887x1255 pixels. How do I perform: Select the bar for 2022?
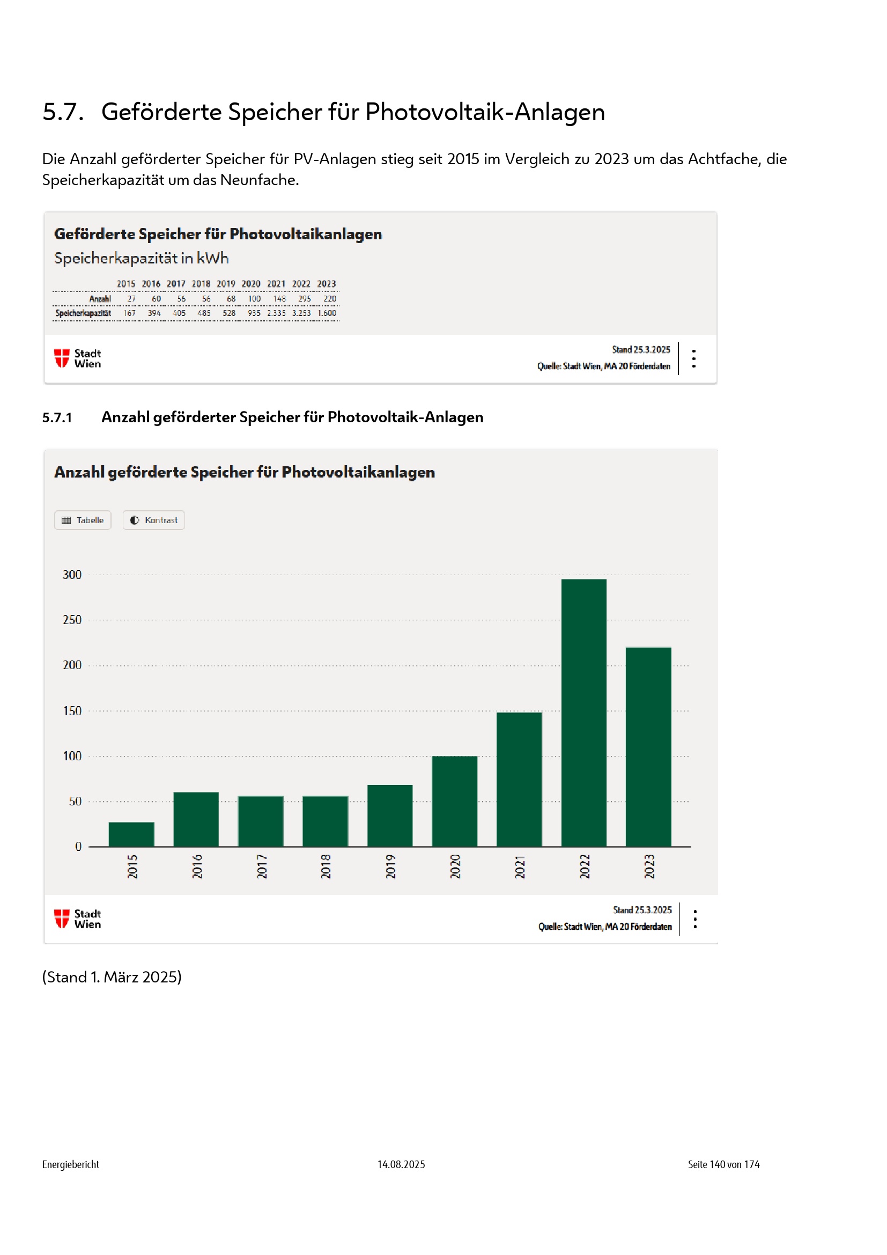pyautogui.click(x=583, y=713)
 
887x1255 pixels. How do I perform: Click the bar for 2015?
pyautogui.click(x=131, y=834)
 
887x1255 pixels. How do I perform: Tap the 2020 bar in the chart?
pyautogui.click(x=454, y=801)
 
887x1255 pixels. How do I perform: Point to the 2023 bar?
pyautogui.click(x=648, y=747)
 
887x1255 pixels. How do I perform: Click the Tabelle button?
pyautogui.click(x=83, y=520)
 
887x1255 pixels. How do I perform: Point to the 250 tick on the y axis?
pyautogui.click(x=72, y=620)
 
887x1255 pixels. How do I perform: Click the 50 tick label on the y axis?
pyautogui.click(x=75, y=801)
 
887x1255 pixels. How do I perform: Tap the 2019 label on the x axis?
pyautogui.click(x=390, y=867)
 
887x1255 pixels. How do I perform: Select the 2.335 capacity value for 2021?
pyautogui.click(x=276, y=313)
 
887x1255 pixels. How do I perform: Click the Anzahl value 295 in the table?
pyautogui.click(x=304, y=299)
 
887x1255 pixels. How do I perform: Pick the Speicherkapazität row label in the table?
pyautogui.click(x=83, y=313)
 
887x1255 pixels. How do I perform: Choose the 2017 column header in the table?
pyautogui.click(x=176, y=284)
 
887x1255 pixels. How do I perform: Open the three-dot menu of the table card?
pyautogui.click(x=693, y=358)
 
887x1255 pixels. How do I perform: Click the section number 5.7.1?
pyautogui.click(x=57, y=417)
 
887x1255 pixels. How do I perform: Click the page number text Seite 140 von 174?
pyautogui.click(x=723, y=1164)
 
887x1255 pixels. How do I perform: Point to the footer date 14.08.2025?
pyautogui.click(x=401, y=1164)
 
